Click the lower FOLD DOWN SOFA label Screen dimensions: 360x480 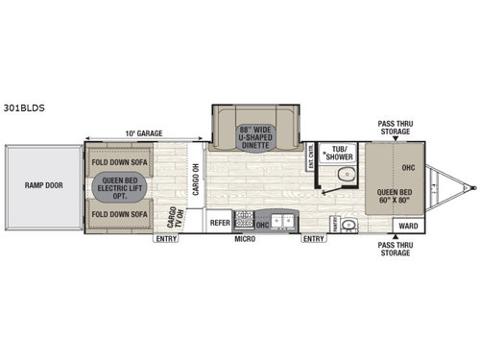tap(120, 214)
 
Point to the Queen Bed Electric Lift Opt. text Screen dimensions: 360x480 tap(120, 187)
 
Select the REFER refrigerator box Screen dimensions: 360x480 tap(221, 219)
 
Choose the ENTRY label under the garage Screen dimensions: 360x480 tap(166, 240)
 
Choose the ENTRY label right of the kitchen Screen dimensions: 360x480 tap(314, 240)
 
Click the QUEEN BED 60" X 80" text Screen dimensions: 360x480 tap(396, 197)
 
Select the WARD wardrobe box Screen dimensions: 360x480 tap(406, 228)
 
